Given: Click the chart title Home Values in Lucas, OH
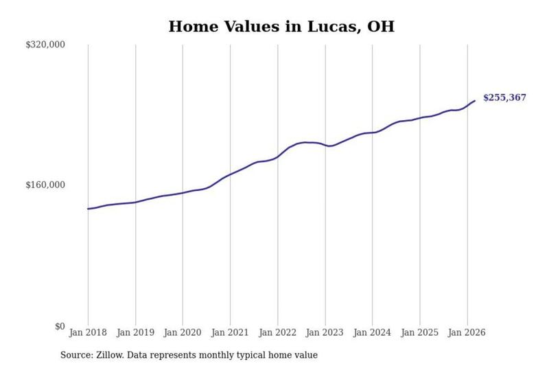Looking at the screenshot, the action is (x=281, y=27).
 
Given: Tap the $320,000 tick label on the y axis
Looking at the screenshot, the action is (x=45, y=45).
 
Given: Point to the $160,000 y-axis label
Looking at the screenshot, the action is (x=45, y=185).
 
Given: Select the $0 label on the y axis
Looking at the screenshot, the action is (x=60, y=326).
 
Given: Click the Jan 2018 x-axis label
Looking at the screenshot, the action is (x=88, y=332).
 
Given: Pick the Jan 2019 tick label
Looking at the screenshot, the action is (x=135, y=332).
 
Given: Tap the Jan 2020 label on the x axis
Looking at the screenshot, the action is (x=183, y=332).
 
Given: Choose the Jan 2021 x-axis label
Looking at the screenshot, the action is (x=230, y=332).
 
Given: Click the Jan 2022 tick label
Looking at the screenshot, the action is (x=278, y=332).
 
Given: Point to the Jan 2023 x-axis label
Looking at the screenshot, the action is (x=325, y=332).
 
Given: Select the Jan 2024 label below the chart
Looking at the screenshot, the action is (x=372, y=332).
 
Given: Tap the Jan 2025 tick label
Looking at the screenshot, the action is (x=420, y=332).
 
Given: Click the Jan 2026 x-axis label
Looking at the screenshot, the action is (x=467, y=332).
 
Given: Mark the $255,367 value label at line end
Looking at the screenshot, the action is (x=504, y=98).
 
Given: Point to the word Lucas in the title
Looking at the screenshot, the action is (x=334, y=27).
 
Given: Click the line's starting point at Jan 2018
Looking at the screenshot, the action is (x=88, y=209).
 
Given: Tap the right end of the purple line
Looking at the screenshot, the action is (x=475, y=101).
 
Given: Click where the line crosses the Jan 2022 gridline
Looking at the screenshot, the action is (x=278, y=157).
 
